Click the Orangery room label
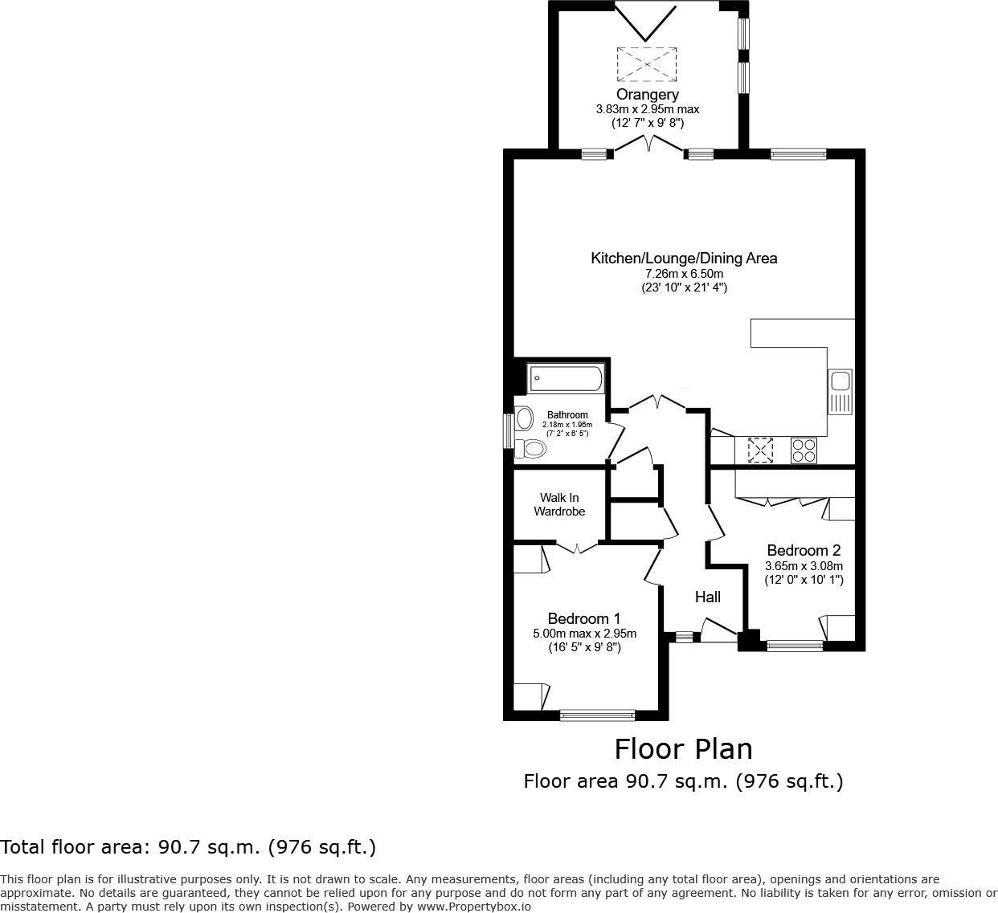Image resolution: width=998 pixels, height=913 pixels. (x=648, y=96)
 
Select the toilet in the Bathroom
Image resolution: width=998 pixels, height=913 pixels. (x=530, y=447)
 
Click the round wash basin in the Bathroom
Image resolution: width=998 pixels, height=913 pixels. (x=525, y=418)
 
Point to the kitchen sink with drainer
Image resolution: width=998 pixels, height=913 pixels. (x=840, y=392)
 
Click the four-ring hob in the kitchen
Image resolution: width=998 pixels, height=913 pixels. (x=804, y=450)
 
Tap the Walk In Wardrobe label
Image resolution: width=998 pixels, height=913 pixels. (x=559, y=504)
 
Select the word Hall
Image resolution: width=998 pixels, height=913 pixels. (x=707, y=597)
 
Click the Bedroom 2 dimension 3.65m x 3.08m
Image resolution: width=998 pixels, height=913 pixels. (x=804, y=565)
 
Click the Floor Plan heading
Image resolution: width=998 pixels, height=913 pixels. (x=683, y=748)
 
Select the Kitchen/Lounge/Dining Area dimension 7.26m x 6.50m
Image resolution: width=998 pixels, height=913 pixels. (x=683, y=274)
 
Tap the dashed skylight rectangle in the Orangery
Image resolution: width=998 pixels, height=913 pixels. (x=647, y=63)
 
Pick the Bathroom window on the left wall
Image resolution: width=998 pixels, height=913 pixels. (x=508, y=430)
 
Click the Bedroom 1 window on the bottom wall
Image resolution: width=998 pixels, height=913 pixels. (x=597, y=714)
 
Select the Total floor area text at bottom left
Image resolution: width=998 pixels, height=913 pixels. (x=188, y=846)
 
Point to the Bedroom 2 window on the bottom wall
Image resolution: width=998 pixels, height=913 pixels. (x=794, y=645)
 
